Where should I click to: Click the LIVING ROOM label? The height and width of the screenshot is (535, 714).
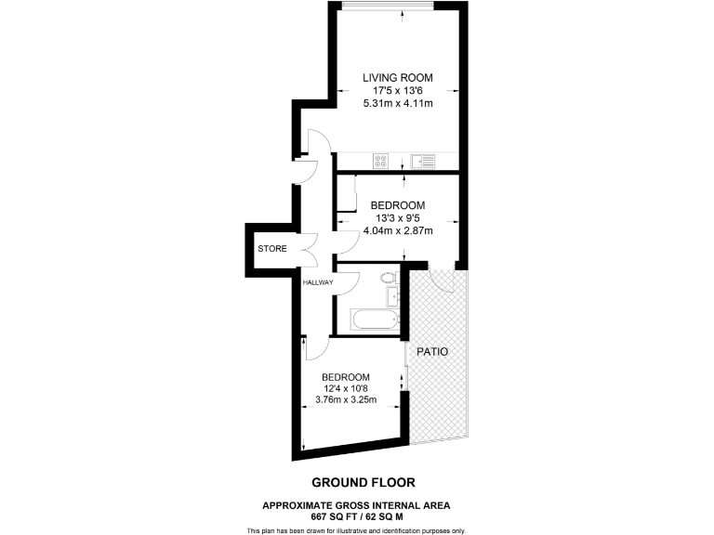398,77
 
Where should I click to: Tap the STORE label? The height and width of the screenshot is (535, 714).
272,250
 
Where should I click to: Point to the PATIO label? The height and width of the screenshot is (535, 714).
432,352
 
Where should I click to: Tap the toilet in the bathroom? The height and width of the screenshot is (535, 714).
389,277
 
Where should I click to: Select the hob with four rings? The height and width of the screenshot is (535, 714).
380,160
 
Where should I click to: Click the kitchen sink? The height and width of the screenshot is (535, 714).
425,160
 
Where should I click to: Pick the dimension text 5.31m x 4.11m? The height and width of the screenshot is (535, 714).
398,105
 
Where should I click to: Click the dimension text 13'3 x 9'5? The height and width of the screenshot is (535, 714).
398,219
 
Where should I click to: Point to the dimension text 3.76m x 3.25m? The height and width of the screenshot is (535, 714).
350,401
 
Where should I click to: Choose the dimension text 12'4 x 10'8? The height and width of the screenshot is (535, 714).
350,389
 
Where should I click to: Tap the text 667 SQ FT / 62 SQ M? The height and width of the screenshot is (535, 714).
357,515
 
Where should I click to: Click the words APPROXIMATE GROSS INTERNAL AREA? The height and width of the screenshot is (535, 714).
357,504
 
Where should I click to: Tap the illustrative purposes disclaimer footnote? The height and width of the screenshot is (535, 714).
357,530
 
